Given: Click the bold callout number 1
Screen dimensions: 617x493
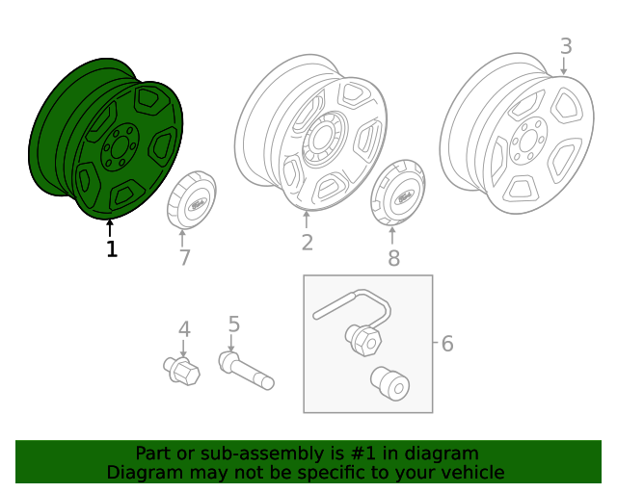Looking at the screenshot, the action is (x=112, y=248).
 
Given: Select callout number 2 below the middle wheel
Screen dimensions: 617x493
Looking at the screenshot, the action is (x=308, y=243).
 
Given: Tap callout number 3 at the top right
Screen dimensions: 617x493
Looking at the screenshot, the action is (x=566, y=46).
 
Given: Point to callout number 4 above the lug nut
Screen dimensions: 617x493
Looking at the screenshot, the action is (x=184, y=329).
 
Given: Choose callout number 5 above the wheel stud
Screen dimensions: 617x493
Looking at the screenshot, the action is (x=233, y=324).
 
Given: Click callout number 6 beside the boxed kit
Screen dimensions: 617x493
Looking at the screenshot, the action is (x=447, y=344).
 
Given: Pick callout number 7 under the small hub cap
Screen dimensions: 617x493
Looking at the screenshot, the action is (x=184, y=258).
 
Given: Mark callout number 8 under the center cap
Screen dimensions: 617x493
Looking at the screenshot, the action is (x=393, y=258).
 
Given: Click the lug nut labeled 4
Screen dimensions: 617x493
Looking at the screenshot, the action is (x=182, y=371).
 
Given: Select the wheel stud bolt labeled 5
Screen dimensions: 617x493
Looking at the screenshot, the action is (x=247, y=371).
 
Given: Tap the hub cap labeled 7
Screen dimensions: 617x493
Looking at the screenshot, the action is (x=192, y=199).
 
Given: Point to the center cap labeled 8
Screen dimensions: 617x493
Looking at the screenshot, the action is (x=398, y=193).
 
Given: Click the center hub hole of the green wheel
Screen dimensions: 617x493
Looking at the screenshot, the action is (x=119, y=148).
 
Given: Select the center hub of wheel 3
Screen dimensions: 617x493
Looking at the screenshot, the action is (x=527, y=142).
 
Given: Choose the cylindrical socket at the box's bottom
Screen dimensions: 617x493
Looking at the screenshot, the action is (x=389, y=384).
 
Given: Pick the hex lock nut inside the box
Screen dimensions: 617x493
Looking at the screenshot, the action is (x=363, y=339).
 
